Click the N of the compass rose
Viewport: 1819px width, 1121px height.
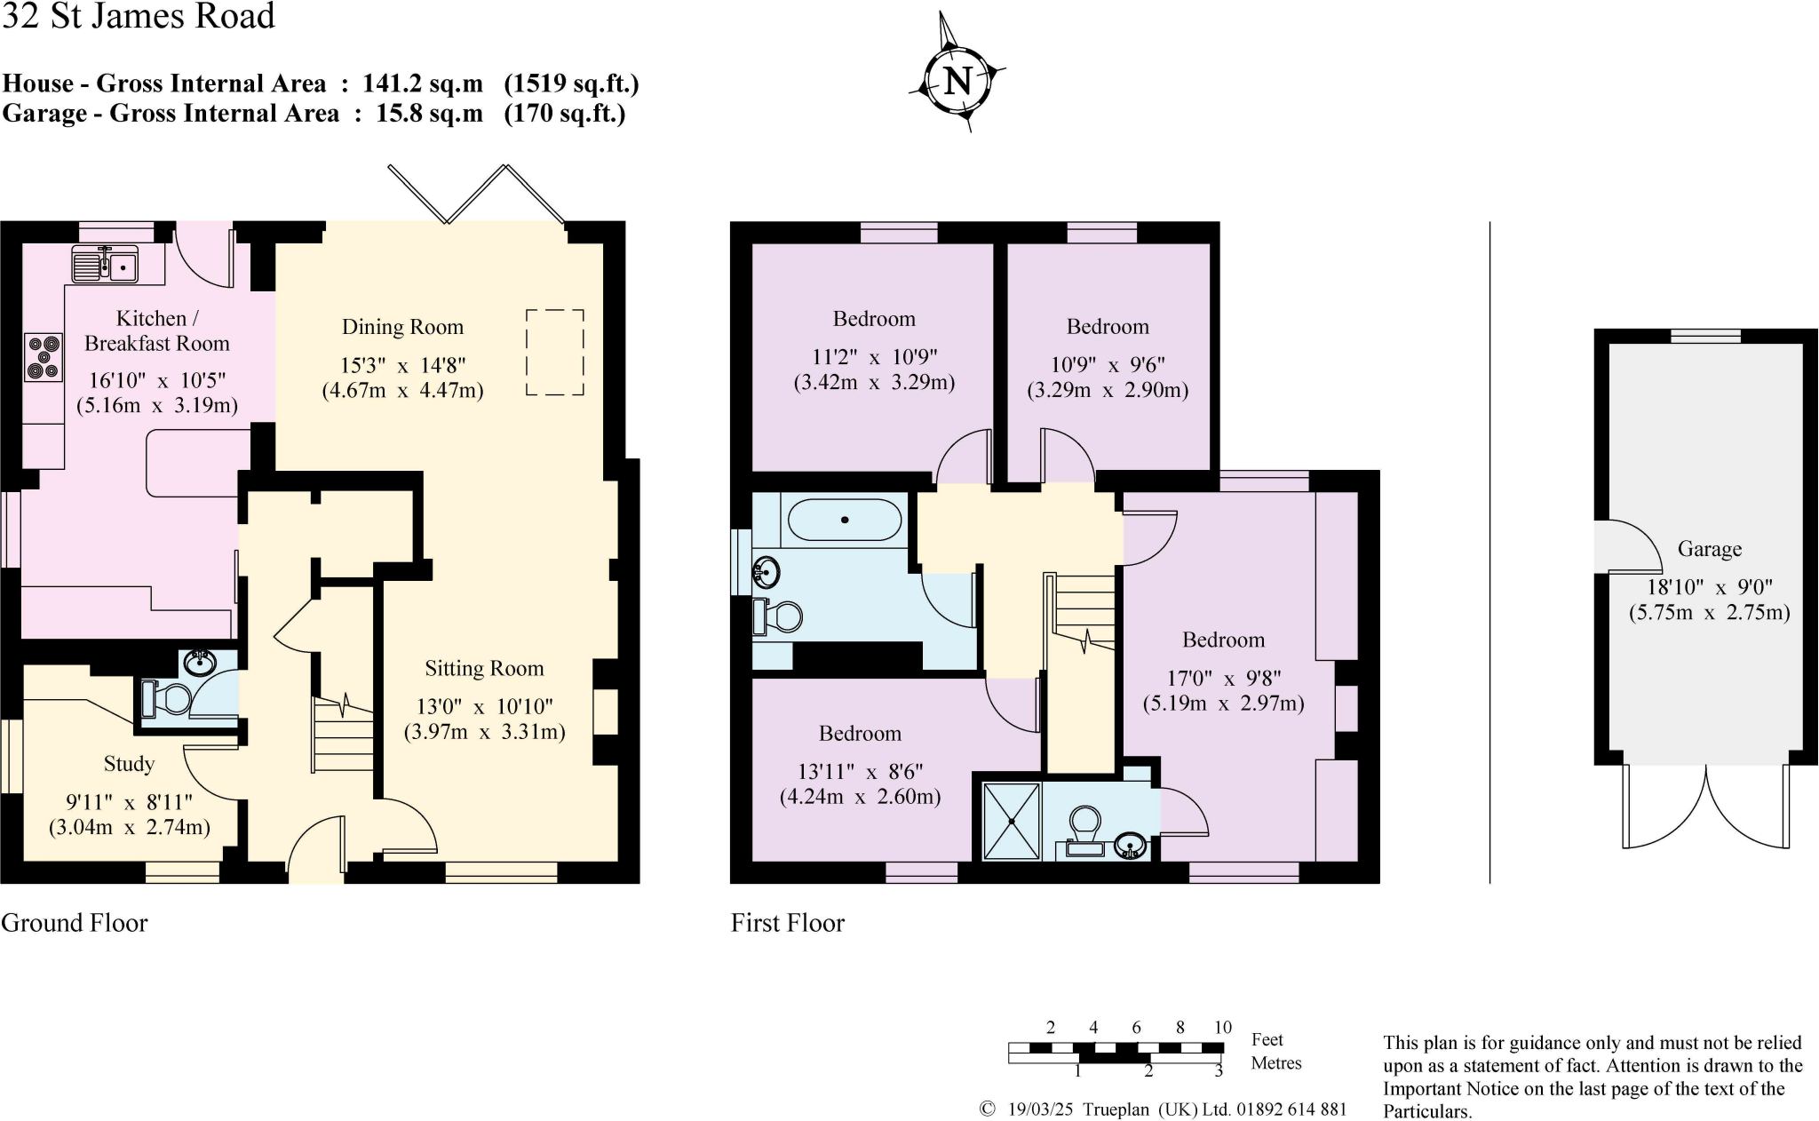tap(957, 82)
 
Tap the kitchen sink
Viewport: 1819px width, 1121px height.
tap(105, 265)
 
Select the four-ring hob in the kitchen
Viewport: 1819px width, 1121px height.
tap(44, 356)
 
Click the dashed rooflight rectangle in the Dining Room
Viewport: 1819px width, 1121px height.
tap(555, 352)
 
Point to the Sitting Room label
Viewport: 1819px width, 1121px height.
tap(484, 669)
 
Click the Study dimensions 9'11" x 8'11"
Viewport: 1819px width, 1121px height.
tap(130, 803)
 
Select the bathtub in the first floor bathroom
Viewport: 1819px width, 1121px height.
tap(844, 521)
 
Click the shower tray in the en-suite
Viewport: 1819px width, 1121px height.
tap(1012, 821)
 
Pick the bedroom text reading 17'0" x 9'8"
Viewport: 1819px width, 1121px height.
tap(1223, 679)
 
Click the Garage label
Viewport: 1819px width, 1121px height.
tap(1709, 550)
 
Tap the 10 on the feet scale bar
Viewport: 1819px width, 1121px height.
tap(1222, 1028)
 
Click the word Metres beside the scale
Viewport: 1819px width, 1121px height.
tap(1275, 1063)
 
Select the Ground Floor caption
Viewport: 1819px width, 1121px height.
tap(75, 923)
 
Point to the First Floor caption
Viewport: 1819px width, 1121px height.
tap(788, 923)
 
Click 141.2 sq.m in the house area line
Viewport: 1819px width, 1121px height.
tap(423, 84)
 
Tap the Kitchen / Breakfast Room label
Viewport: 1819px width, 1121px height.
tap(156, 330)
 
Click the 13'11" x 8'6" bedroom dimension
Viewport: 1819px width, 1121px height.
tap(860, 772)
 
